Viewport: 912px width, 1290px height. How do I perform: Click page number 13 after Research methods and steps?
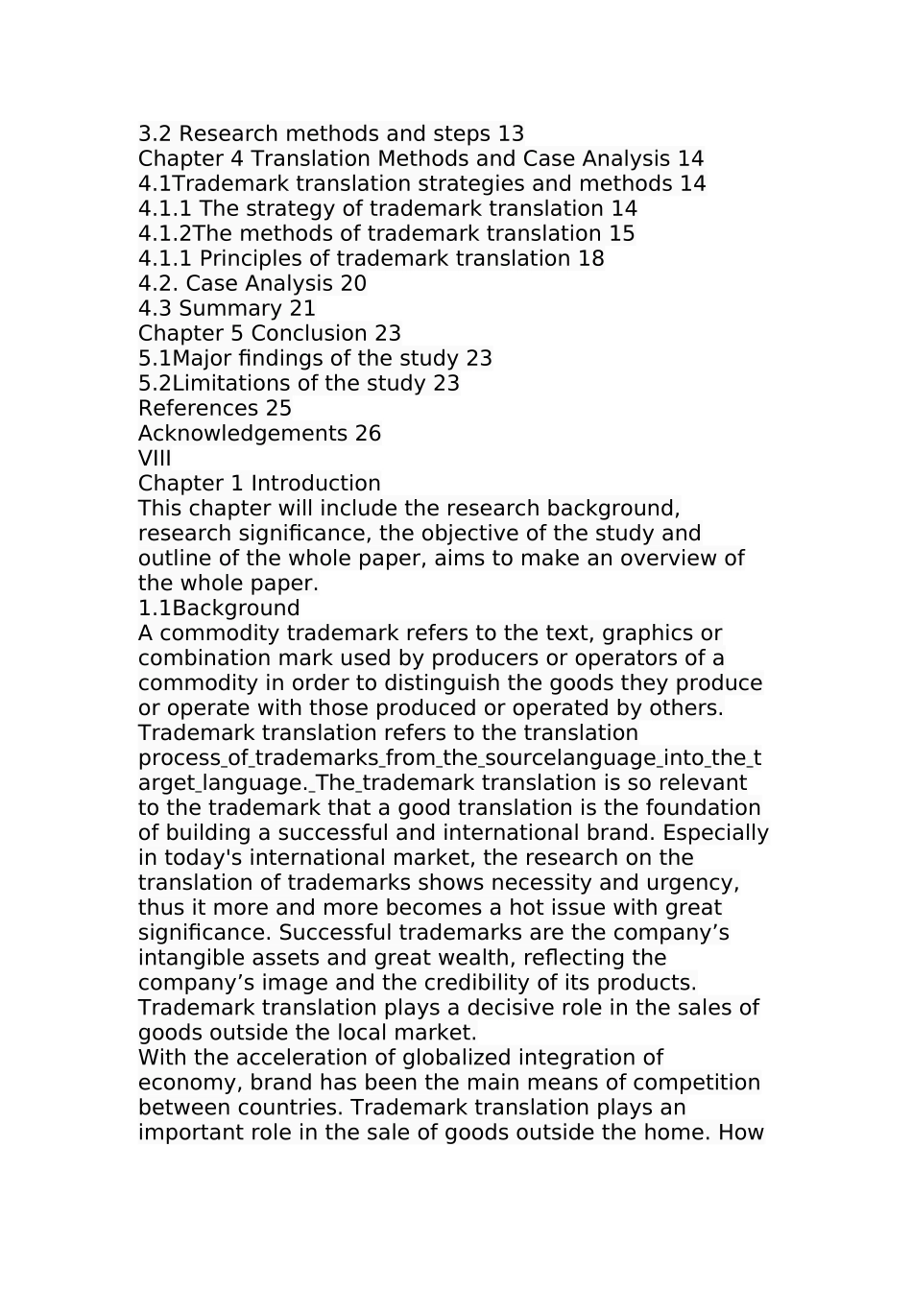click(511, 133)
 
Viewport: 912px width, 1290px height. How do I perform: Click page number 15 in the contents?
click(621, 233)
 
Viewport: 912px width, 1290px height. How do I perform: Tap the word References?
click(198, 408)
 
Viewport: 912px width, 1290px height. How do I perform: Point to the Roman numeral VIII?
click(155, 458)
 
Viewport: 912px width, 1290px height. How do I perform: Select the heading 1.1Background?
click(219, 608)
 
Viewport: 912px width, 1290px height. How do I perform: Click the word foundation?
click(698, 807)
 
